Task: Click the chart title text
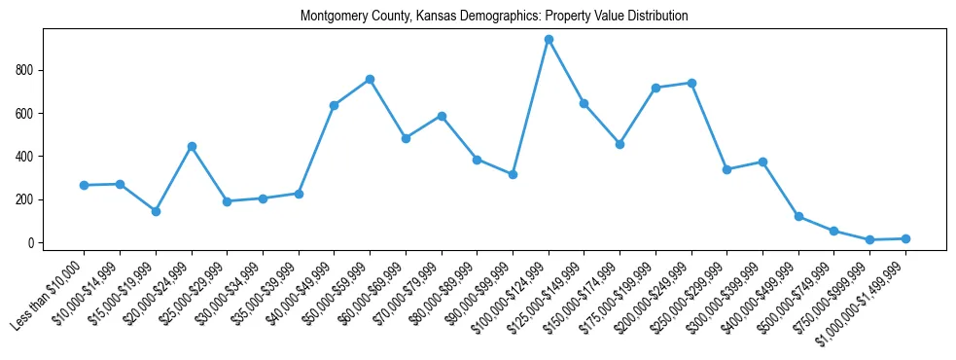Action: coord(494,17)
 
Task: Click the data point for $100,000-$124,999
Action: coord(549,40)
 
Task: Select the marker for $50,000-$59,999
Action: coord(370,79)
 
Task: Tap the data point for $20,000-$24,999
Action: coord(192,146)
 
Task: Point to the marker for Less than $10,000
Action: coord(84,185)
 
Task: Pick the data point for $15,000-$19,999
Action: coord(156,211)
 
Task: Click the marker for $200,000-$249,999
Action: coord(691,83)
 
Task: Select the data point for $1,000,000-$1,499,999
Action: coord(905,238)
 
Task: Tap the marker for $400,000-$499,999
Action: coord(798,216)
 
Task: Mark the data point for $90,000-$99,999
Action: coord(513,174)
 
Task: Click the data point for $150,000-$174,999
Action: coord(620,144)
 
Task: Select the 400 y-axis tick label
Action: coord(28,157)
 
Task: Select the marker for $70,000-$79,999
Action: coord(442,116)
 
